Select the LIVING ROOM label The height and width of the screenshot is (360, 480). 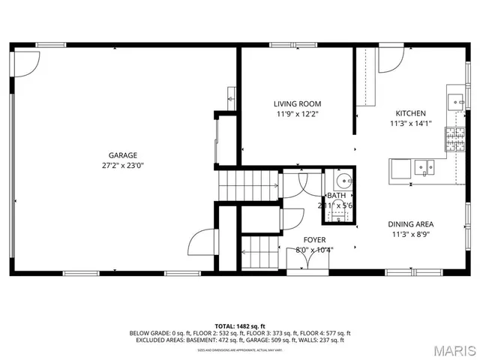(x=297, y=104)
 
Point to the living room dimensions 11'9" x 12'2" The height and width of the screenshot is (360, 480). (x=297, y=115)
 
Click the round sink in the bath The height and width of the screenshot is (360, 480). (x=344, y=181)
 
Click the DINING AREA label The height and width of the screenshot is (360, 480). (x=410, y=223)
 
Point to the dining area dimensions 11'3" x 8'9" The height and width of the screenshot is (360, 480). (x=410, y=234)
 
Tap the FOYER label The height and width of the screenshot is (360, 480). (x=314, y=240)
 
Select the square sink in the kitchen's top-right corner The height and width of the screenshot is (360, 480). (x=455, y=100)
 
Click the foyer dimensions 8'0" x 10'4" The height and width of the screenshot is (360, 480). (x=314, y=250)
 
